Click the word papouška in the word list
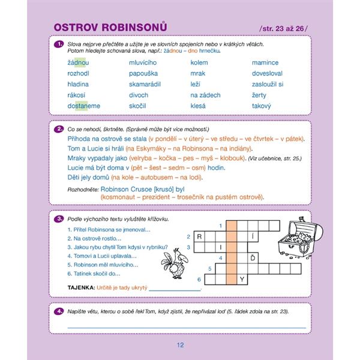coord(143,73)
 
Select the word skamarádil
coord(145,84)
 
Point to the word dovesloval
coord(268,73)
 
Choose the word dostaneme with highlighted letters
coord(84,106)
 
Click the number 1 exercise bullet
coord(58,44)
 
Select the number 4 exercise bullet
coord(58,311)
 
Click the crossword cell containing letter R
coord(199,236)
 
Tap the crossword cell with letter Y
coord(242,279)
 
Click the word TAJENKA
coord(81,287)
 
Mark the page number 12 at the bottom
coord(180,344)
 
